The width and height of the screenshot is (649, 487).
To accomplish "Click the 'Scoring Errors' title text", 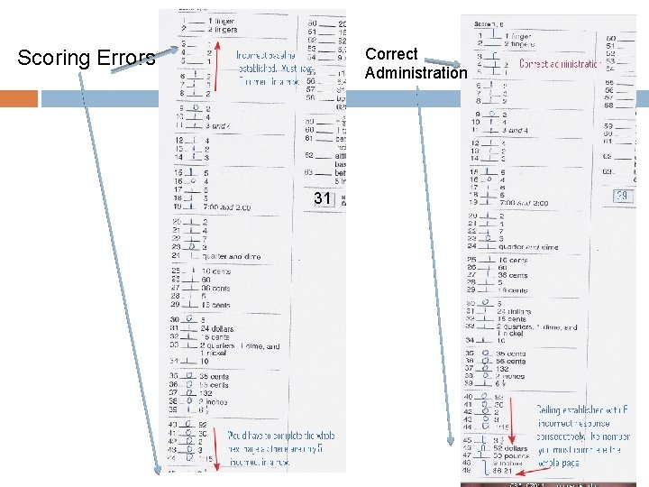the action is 87,59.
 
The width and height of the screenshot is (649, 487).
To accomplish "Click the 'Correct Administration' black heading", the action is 416,63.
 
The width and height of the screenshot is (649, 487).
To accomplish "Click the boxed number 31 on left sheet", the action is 322,198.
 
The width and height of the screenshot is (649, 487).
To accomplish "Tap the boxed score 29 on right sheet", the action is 622,196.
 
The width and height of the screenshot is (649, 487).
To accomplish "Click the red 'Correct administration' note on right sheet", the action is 559,64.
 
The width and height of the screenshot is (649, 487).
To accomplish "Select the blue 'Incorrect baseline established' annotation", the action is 270,67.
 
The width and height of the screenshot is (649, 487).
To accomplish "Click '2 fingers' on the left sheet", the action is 223,30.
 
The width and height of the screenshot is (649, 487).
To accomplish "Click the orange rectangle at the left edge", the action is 19,97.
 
